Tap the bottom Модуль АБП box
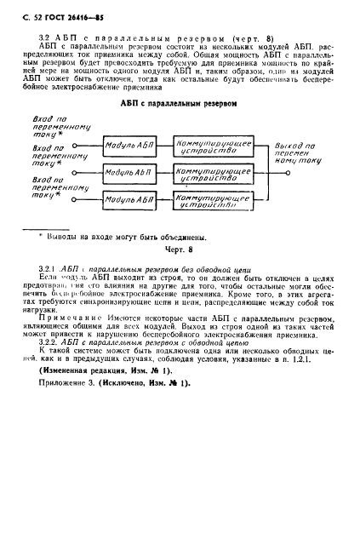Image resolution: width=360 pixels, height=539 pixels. click(x=127, y=200)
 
